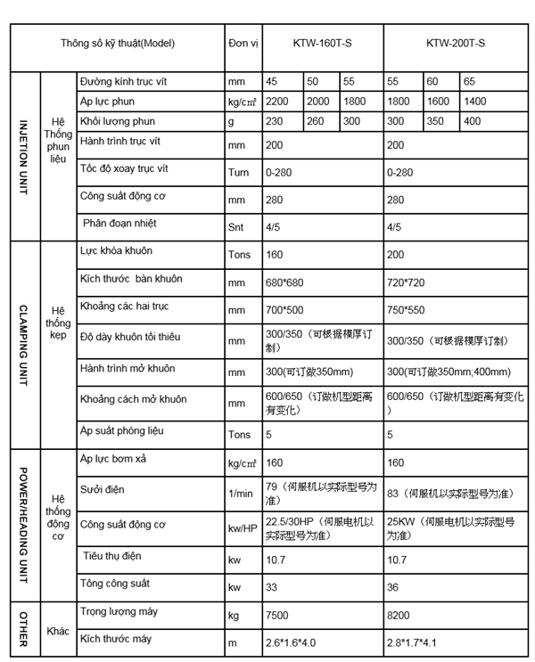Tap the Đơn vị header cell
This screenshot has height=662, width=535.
pyautogui.click(x=243, y=42)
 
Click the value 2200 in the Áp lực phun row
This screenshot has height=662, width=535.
pyautogui.click(x=279, y=102)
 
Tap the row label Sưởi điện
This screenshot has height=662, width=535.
pyautogui.click(x=102, y=490)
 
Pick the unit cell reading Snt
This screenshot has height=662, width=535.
pyautogui.click(x=236, y=226)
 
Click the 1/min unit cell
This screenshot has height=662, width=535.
pyautogui.click(x=240, y=493)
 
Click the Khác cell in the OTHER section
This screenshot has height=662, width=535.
pyautogui.click(x=58, y=629)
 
